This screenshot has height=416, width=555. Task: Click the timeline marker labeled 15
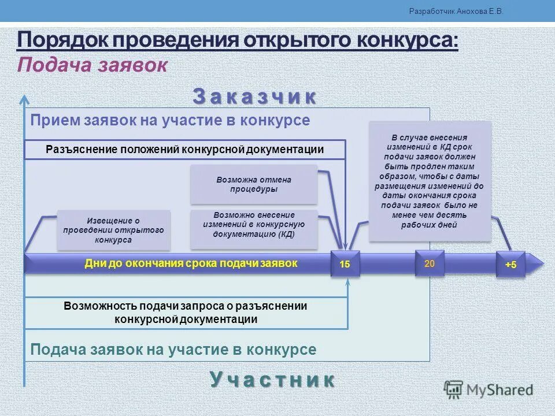[x=345, y=264]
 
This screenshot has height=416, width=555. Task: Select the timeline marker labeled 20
[x=430, y=263]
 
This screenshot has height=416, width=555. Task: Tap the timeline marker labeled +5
[x=510, y=264]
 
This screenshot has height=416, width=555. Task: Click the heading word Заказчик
[x=254, y=96]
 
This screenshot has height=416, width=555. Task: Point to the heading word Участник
[x=272, y=380]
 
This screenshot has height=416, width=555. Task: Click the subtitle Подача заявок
[x=92, y=65]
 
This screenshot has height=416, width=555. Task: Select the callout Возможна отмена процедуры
[x=254, y=184]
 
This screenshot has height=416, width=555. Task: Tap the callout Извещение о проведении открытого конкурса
[x=113, y=230]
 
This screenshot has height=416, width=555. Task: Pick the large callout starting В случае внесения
[x=430, y=181]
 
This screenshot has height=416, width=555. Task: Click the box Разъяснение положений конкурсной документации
[x=184, y=150]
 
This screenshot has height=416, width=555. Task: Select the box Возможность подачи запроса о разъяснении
[x=186, y=313]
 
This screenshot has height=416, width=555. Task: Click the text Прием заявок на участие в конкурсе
[x=170, y=120]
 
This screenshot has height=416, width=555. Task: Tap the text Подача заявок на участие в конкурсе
[x=173, y=350]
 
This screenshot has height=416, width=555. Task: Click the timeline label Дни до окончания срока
[x=191, y=263]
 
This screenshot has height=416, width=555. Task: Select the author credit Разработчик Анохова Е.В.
[x=456, y=11]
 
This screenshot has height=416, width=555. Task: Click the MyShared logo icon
[x=454, y=389]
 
